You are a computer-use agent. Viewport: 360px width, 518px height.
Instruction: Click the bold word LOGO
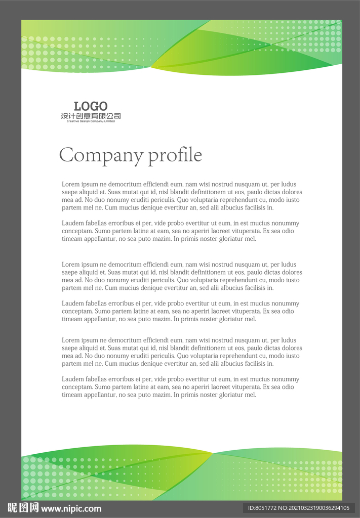tap(91, 106)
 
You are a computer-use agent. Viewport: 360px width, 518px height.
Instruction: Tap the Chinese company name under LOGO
tap(91, 116)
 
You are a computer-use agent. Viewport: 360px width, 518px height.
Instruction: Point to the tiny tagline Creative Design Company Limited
tap(91, 121)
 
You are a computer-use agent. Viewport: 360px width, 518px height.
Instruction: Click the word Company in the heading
tap(101, 155)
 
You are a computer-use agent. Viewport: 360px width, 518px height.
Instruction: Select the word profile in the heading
tap(175, 155)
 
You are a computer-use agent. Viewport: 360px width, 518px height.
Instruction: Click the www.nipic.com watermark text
tap(71, 509)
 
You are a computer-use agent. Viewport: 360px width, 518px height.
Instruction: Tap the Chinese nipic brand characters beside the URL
tap(23, 508)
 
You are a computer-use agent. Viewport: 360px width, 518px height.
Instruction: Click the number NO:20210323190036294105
tap(314, 508)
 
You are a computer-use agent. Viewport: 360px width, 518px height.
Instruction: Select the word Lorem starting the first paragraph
tap(70, 185)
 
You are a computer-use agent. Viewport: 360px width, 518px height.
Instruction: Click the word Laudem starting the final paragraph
tap(72, 379)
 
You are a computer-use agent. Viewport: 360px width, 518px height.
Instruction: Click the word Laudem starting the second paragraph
tap(72, 224)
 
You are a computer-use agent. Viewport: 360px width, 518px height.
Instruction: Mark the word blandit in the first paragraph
tap(185, 192)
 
